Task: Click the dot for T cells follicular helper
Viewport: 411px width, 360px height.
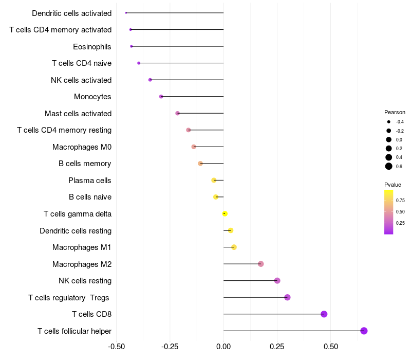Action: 364,331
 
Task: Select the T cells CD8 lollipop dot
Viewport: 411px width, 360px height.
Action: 324,314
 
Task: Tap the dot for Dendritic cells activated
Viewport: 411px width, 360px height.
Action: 126,13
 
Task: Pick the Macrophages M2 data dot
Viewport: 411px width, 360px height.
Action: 260,264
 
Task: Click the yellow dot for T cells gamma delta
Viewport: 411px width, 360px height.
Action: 225,213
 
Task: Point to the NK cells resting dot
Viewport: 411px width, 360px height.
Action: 277,281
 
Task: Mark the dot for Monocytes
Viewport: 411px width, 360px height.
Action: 161,97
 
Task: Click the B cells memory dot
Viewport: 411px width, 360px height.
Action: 200,164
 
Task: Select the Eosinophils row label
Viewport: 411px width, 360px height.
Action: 92,47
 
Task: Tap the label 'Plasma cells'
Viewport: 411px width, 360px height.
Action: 90,181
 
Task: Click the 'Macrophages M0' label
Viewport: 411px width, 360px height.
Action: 82,147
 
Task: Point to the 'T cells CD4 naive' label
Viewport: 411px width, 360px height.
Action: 82,63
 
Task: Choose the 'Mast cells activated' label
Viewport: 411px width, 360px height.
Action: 78,114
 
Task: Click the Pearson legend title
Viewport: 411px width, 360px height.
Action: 395,112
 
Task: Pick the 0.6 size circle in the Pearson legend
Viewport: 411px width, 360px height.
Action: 389,166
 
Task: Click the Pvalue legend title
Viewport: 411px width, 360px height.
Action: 393,185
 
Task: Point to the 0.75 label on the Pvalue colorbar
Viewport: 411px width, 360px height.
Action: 400,201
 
